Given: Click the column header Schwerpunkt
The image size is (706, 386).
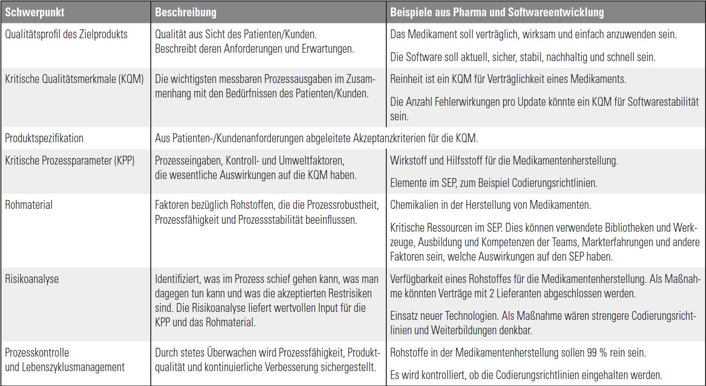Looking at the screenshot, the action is pos(34,12).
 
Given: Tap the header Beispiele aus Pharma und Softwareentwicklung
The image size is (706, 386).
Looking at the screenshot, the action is pos(497,12).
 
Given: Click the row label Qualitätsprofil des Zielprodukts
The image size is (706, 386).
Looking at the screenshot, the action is pos(66,34).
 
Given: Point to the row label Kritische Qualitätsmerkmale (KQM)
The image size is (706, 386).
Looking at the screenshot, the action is pos(74,79).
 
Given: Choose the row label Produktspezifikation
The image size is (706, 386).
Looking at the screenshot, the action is pos(44,138).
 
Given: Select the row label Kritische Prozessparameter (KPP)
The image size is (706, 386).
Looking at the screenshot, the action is pos(70,161).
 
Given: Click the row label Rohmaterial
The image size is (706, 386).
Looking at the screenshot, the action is pos(29,205).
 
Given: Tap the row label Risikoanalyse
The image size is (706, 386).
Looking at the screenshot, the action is pos(32,279).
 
